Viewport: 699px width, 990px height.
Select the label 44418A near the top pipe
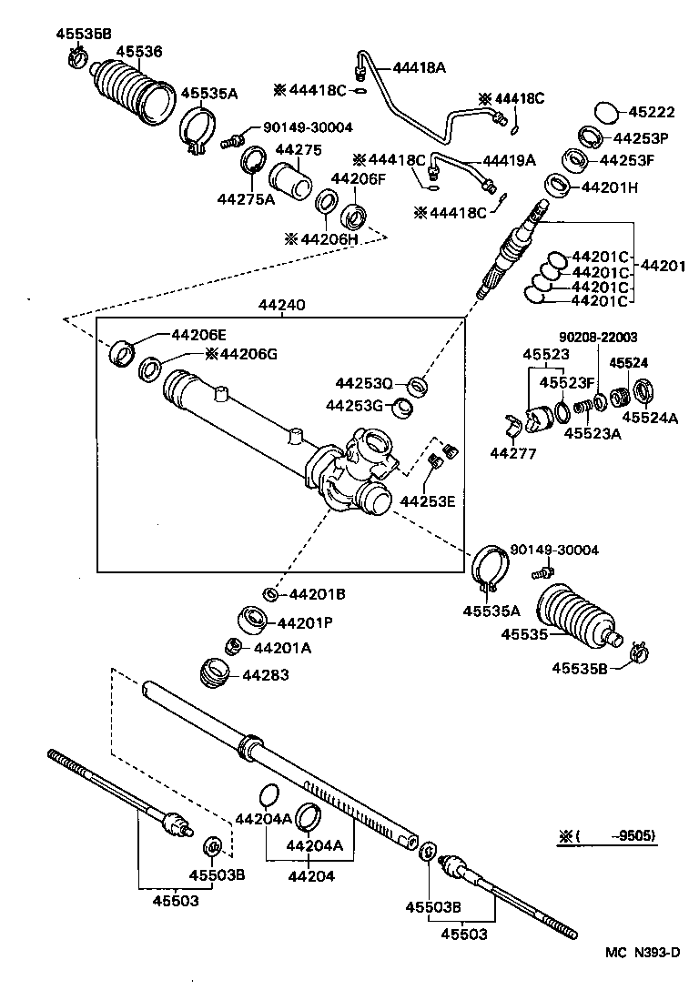coord(420,66)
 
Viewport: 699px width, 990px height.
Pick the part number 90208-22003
coord(598,337)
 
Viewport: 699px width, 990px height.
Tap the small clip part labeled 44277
coord(514,425)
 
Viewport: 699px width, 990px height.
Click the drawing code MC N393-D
coord(643,952)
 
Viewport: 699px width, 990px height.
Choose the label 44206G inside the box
coord(240,353)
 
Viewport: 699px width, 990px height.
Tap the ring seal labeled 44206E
coord(120,351)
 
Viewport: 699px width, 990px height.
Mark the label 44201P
coord(305,623)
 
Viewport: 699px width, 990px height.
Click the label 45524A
coord(650,418)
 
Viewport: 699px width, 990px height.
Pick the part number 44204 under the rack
coord(310,876)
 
